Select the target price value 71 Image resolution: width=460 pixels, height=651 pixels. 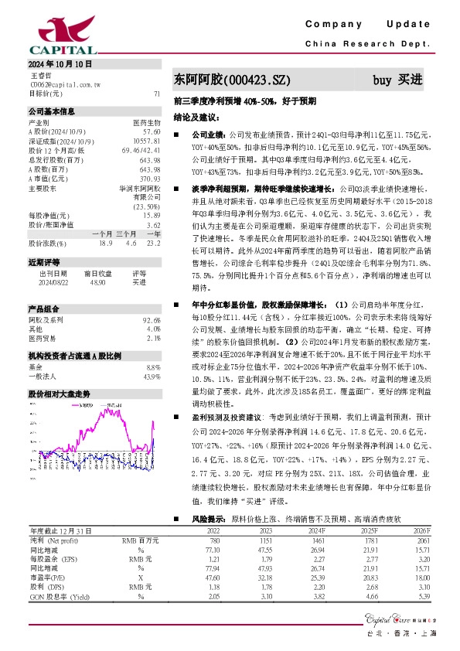pos(157,93)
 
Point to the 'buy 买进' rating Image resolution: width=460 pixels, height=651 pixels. pos(397,80)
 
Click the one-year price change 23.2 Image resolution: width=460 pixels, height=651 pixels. pos(153,243)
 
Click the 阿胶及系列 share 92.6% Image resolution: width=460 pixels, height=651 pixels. pos(152,319)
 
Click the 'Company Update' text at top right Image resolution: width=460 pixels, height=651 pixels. pos(371,25)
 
